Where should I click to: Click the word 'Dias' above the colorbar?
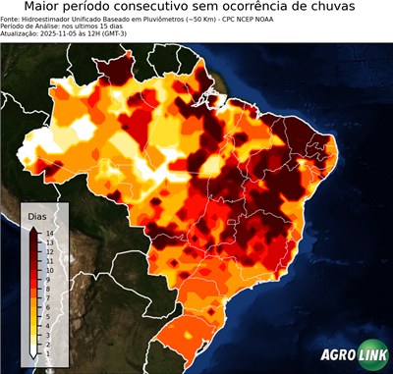(x=37, y=215)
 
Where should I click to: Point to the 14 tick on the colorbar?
(x=48, y=233)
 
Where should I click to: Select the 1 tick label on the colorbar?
(x=48, y=340)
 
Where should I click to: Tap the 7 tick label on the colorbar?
(x=48, y=291)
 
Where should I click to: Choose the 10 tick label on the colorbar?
(x=48, y=267)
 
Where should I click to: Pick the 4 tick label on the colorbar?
(x=48, y=315)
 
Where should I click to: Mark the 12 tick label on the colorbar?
(x=48, y=250)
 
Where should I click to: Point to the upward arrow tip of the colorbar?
(x=33, y=226)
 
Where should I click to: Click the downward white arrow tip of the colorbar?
(x=33, y=351)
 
